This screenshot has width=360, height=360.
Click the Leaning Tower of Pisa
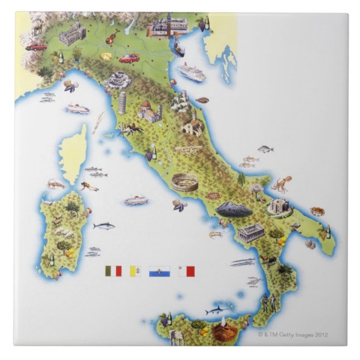coord(122,103)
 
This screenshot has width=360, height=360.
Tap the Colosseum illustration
coord(184,183)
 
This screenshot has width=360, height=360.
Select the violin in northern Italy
coord(112,37)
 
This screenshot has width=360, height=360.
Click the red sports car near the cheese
coord(129,58)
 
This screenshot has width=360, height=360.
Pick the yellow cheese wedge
coord(106,56)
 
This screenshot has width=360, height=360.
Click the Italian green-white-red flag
coord(113,271)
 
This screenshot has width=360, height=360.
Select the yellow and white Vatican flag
coord(136,271)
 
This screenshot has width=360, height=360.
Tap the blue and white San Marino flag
coord(159,271)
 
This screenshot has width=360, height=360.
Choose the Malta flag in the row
coord(187,271)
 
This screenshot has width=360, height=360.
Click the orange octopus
coord(281,185)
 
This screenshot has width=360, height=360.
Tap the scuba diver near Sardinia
coord(89,186)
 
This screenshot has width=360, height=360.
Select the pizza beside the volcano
coord(213,196)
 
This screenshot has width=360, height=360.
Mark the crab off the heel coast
coord(318,211)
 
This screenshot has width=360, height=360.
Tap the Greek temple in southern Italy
coord(249,233)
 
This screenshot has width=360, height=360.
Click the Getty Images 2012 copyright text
coord(293,335)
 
